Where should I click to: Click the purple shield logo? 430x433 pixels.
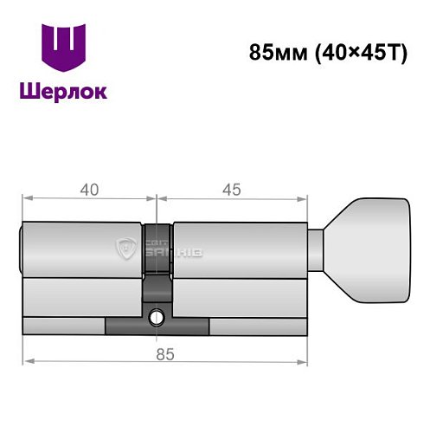(63, 48)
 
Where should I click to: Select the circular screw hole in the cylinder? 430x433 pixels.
(157, 318)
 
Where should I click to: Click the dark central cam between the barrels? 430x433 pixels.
(158, 260)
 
